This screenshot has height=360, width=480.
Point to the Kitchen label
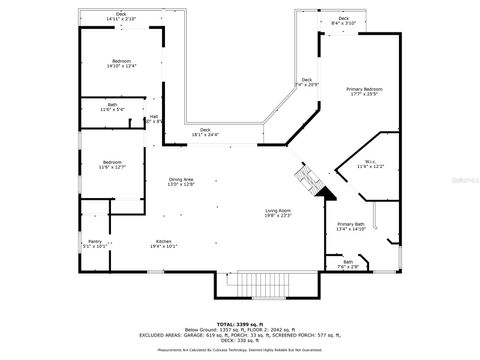[x=164, y=243]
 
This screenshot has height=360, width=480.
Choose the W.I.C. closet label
[x=370, y=164]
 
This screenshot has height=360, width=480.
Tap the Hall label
[x=154, y=119]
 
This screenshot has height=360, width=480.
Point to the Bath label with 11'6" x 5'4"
[x=112, y=107]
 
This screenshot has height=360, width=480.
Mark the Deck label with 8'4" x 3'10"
[x=344, y=20]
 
